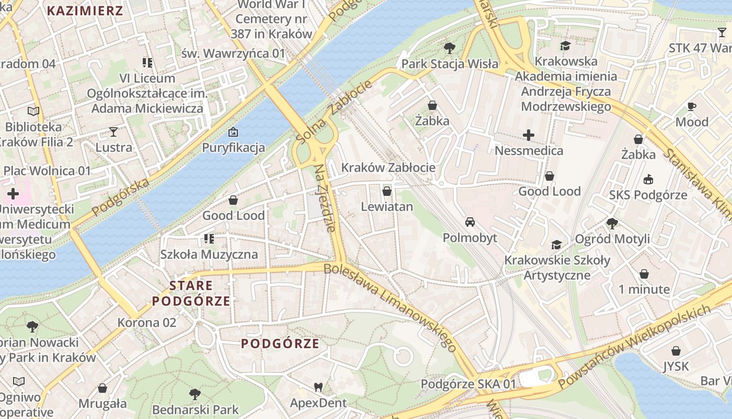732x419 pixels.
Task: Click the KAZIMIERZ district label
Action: pos(85,11)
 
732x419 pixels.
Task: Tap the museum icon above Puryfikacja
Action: pos(233,132)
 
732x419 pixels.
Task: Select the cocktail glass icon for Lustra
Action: pos(113,131)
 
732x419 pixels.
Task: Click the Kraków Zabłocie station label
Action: pos(388,168)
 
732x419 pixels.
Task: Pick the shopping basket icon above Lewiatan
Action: pos(387,191)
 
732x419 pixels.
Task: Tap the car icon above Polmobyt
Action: pos(470,222)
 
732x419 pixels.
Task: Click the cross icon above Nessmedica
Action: pos(529,136)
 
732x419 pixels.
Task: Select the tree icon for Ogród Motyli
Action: pos(612,224)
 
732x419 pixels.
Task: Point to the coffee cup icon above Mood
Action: pos(692,107)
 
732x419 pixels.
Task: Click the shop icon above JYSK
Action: pos(676,351)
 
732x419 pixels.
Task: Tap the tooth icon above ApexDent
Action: pos(318,388)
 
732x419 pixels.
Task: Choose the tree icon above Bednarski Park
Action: pos(195,394)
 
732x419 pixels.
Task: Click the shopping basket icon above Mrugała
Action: pos(102,388)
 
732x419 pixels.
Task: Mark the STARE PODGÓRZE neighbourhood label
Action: pos(191,293)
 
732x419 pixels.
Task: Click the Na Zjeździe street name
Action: pos(324,199)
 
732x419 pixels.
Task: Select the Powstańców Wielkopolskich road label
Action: pos(635,347)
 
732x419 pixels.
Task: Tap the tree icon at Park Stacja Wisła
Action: pos(449,49)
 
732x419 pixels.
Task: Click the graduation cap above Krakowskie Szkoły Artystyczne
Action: pos(557,245)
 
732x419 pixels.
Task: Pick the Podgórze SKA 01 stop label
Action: pos(468,384)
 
